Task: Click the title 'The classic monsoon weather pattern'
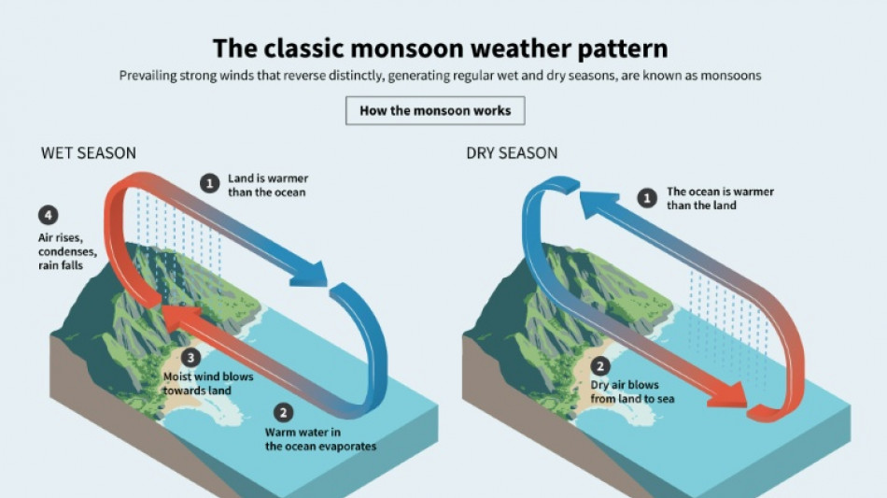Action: (x=440, y=48)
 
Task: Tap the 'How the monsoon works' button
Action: (x=435, y=110)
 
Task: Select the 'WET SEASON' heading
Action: (x=89, y=153)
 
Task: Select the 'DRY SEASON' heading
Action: (x=512, y=153)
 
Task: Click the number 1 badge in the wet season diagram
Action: (x=211, y=184)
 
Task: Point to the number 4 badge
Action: (x=46, y=213)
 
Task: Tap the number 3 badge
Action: (x=191, y=357)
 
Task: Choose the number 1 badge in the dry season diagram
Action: (x=645, y=198)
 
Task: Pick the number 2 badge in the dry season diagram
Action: (x=602, y=365)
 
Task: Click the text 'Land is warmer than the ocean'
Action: (x=267, y=185)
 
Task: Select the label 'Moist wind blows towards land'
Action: (x=207, y=383)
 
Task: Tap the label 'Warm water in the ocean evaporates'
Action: (x=320, y=439)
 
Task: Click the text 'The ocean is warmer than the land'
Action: (x=719, y=198)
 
